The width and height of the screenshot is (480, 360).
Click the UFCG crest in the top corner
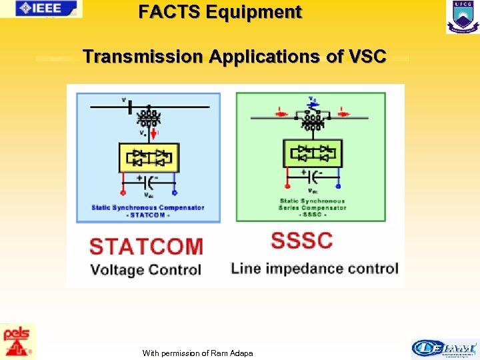(x=463, y=17)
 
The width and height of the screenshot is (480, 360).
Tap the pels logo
(x=18, y=341)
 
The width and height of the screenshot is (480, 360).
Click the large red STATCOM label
(x=146, y=246)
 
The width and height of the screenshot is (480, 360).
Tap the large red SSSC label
(x=302, y=240)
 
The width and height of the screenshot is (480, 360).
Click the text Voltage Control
(x=145, y=270)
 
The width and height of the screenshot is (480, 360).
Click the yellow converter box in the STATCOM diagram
(x=149, y=157)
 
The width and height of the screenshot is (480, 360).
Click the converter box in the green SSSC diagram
(x=312, y=153)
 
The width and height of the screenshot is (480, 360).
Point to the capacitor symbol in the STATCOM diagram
(x=149, y=179)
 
